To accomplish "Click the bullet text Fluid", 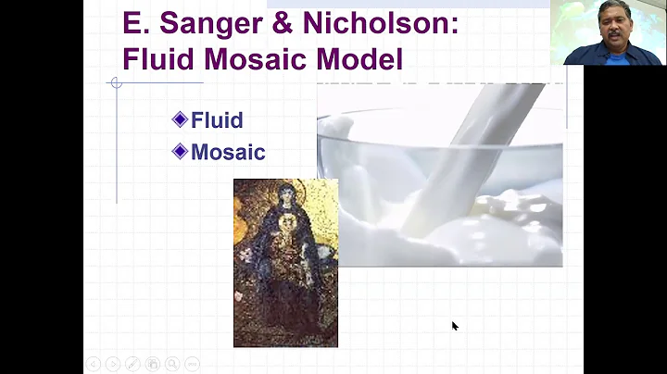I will point(217,119).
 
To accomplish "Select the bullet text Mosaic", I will point(228,153).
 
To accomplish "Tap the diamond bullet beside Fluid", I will point(180,118).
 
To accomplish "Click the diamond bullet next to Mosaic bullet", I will point(180,152).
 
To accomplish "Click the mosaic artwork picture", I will point(285,263).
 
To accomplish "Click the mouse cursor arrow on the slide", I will point(454,325).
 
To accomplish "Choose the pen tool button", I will point(132,364).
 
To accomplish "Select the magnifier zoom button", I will point(172,364).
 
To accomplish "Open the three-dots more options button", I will point(192,364).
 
